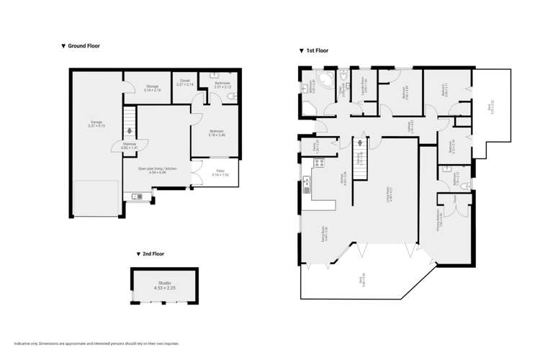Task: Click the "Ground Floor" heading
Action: (x=81, y=45)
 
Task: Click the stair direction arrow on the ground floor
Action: (x=130, y=131)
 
